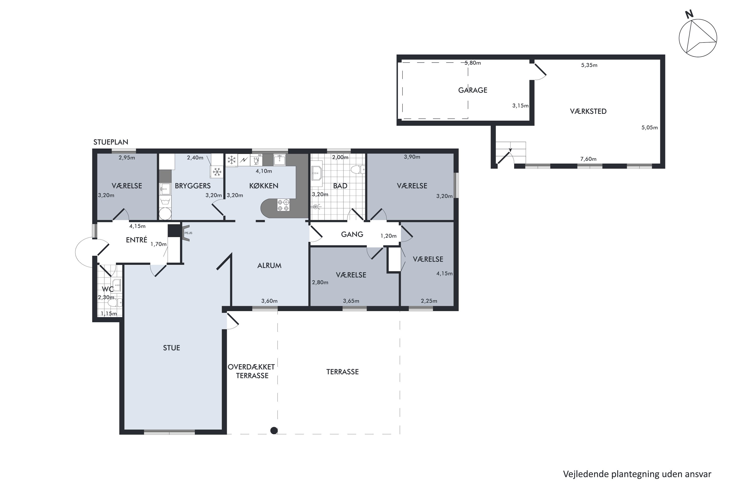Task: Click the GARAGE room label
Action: (473, 90)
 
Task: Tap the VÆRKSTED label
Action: (588, 111)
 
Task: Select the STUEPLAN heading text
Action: (111, 142)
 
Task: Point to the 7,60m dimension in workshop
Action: (588, 159)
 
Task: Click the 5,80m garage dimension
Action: (473, 63)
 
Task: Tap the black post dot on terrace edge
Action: (274, 430)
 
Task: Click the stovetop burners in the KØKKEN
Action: (283, 205)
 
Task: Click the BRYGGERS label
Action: (193, 186)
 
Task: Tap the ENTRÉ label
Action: (137, 240)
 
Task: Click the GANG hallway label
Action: (352, 234)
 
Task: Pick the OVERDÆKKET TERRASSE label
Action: (252, 371)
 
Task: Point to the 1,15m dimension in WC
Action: (108, 313)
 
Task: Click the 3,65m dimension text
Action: (351, 301)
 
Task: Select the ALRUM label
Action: (269, 265)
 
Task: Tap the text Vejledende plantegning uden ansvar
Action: (637, 474)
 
